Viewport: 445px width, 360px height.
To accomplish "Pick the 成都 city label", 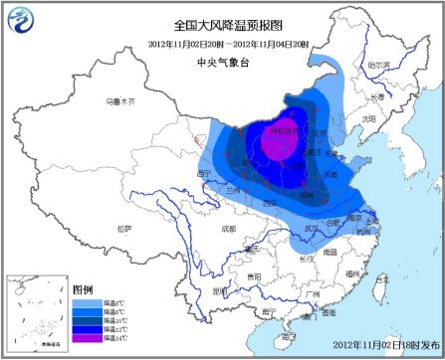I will coord(230,228).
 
